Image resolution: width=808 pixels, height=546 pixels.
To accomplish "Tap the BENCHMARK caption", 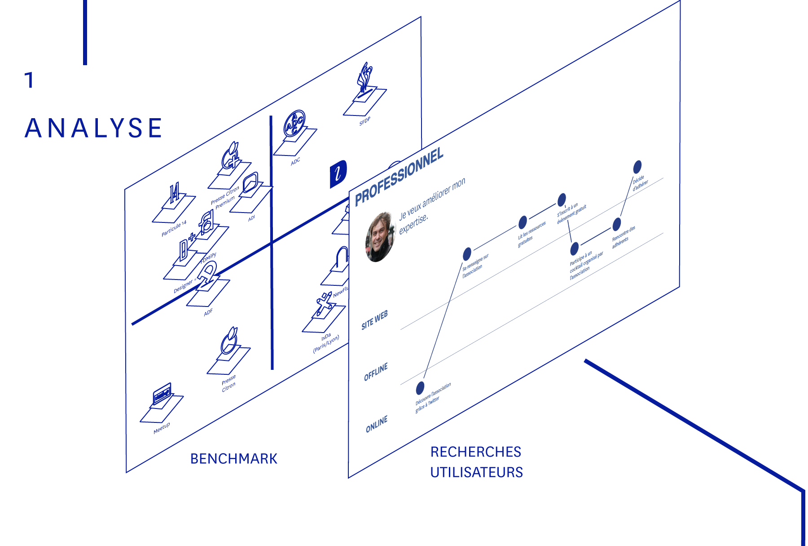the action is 234,459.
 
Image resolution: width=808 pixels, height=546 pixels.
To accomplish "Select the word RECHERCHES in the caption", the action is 476,452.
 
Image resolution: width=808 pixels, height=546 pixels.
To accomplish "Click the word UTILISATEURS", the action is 476,472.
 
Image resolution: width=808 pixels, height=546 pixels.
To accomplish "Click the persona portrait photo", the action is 380,237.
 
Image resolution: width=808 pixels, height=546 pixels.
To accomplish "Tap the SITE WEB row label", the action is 374,320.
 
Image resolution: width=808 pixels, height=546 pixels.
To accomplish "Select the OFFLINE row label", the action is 376,372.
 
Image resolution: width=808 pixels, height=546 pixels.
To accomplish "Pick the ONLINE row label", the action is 377,424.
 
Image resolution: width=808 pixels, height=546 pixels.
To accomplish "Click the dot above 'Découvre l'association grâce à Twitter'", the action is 420,387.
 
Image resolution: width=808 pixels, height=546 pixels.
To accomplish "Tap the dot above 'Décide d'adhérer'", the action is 637,167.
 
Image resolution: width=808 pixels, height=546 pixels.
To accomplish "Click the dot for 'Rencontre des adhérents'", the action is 617,224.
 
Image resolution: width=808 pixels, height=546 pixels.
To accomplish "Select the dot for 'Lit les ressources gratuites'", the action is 523,222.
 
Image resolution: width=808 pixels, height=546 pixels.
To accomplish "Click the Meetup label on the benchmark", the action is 162,428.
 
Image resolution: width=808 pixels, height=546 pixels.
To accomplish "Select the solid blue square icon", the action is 338,173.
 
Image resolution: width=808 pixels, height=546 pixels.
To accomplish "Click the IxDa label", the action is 326,336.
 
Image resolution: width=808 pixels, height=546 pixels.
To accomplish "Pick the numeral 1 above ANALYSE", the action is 30,80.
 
